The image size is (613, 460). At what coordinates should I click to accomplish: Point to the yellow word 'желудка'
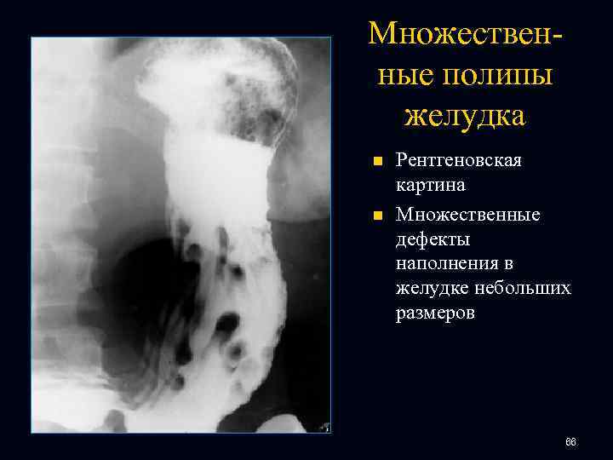pyautogui.click(x=465, y=114)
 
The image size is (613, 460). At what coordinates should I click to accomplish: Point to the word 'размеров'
pyautogui.click(x=435, y=314)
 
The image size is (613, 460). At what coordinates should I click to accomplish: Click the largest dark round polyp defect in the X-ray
pyautogui.click(x=226, y=323)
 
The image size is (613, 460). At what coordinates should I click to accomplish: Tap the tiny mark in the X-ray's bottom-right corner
pyautogui.click(x=325, y=427)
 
